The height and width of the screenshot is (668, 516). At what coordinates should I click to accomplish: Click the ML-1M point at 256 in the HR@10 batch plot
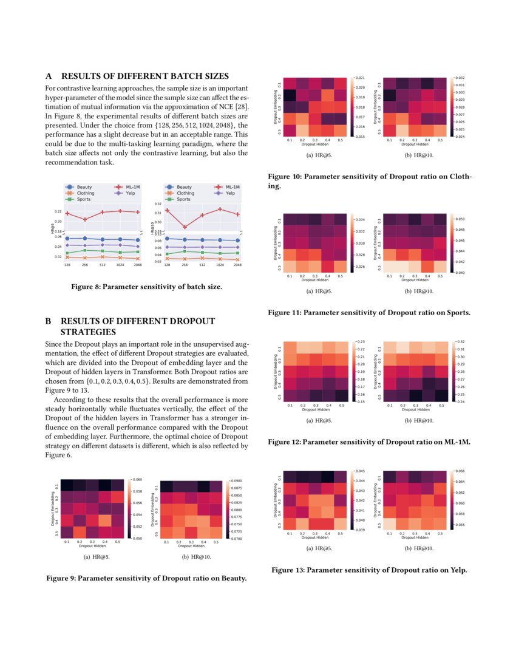[x=185, y=227]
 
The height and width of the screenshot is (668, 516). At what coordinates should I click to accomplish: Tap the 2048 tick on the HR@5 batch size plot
[x=138, y=265]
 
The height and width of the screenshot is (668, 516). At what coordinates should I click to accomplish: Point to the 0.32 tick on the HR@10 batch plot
[x=158, y=205]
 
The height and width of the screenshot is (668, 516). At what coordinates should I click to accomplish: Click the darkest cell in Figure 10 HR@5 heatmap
[x=290, y=96]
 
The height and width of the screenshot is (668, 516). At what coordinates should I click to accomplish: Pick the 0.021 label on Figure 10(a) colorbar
[x=359, y=78]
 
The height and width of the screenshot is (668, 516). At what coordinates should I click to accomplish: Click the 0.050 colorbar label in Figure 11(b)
[x=459, y=217]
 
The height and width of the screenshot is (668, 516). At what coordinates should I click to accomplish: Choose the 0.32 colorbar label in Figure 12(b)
[x=460, y=343]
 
